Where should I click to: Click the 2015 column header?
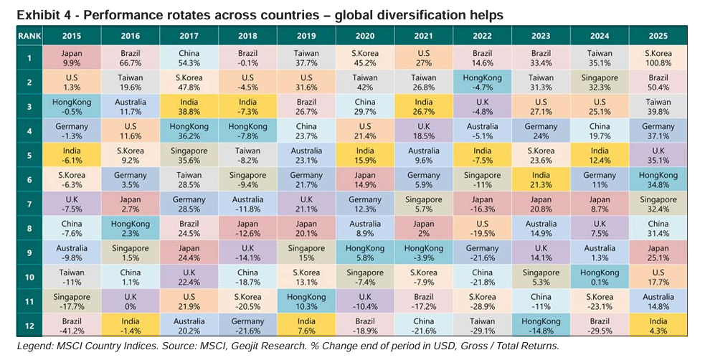pos(72,34)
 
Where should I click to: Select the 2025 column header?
pos(658,34)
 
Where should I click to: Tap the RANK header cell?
pos(29,34)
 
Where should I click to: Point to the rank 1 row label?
pos(29,58)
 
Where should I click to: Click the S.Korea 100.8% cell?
pos(658,58)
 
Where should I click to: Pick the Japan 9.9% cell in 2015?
pos(72,58)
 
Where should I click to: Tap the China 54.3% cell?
pos(189,58)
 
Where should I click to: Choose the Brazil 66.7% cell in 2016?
pos(130,58)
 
